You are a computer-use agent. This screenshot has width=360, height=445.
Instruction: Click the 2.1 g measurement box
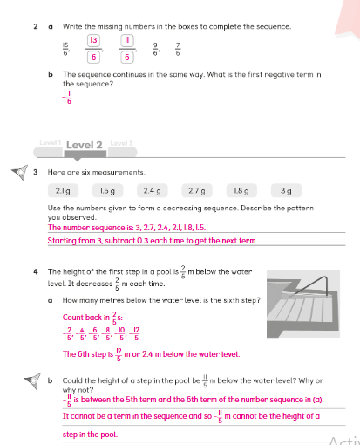(x=63, y=191)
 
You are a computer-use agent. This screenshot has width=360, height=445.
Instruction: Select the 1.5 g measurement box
(x=107, y=191)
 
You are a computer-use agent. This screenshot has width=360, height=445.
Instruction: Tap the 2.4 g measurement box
(x=153, y=191)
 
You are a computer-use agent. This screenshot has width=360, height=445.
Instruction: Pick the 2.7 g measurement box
(x=197, y=191)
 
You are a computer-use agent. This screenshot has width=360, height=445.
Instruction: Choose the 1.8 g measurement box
(x=241, y=191)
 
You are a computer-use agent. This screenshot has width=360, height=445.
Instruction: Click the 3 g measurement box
(x=286, y=191)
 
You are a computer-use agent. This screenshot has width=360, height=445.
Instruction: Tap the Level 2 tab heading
(x=85, y=145)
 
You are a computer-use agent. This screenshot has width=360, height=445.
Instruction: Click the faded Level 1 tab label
(x=51, y=143)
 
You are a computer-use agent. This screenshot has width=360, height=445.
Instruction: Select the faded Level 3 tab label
(x=121, y=143)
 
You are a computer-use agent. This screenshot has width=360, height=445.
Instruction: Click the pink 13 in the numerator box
(x=93, y=40)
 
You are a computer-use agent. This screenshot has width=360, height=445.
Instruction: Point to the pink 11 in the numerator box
(x=127, y=40)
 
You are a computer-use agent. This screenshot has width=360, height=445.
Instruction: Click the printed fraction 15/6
(x=65, y=49)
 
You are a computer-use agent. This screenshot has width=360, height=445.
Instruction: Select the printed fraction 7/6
(x=178, y=49)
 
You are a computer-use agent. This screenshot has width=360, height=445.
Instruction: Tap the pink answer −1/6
(x=67, y=98)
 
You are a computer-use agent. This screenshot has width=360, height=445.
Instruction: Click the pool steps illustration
(x=303, y=304)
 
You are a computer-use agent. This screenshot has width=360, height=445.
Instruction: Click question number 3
(x=36, y=172)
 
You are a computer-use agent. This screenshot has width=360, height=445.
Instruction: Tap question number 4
(x=36, y=272)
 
